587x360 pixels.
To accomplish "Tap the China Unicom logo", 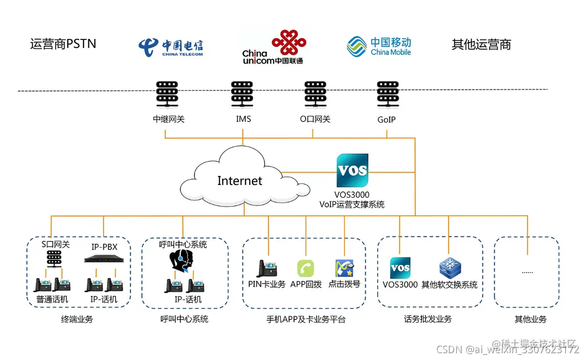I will (x=272, y=47).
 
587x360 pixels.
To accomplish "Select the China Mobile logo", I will (x=379, y=46).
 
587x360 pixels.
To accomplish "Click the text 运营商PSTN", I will (x=63, y=44).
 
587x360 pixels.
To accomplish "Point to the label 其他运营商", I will (x=481, y=45).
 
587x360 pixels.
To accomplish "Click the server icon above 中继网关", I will (x=168, y=94).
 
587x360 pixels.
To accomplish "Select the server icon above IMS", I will (x=242, y=94).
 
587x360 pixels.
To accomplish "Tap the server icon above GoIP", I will (x=387, y=94).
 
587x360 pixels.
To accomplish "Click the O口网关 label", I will (x=315, y=119).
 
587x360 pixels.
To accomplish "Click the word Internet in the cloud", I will (x=240, y=181).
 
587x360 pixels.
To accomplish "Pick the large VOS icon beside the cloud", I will (x=352, y=170).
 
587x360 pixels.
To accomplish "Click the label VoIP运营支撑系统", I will (x=352, y=204).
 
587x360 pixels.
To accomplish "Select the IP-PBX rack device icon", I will (x=106, y=259).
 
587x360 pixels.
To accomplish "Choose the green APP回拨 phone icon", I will (x=306, y=268).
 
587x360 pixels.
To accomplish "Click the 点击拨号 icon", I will (x=344, y=268).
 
